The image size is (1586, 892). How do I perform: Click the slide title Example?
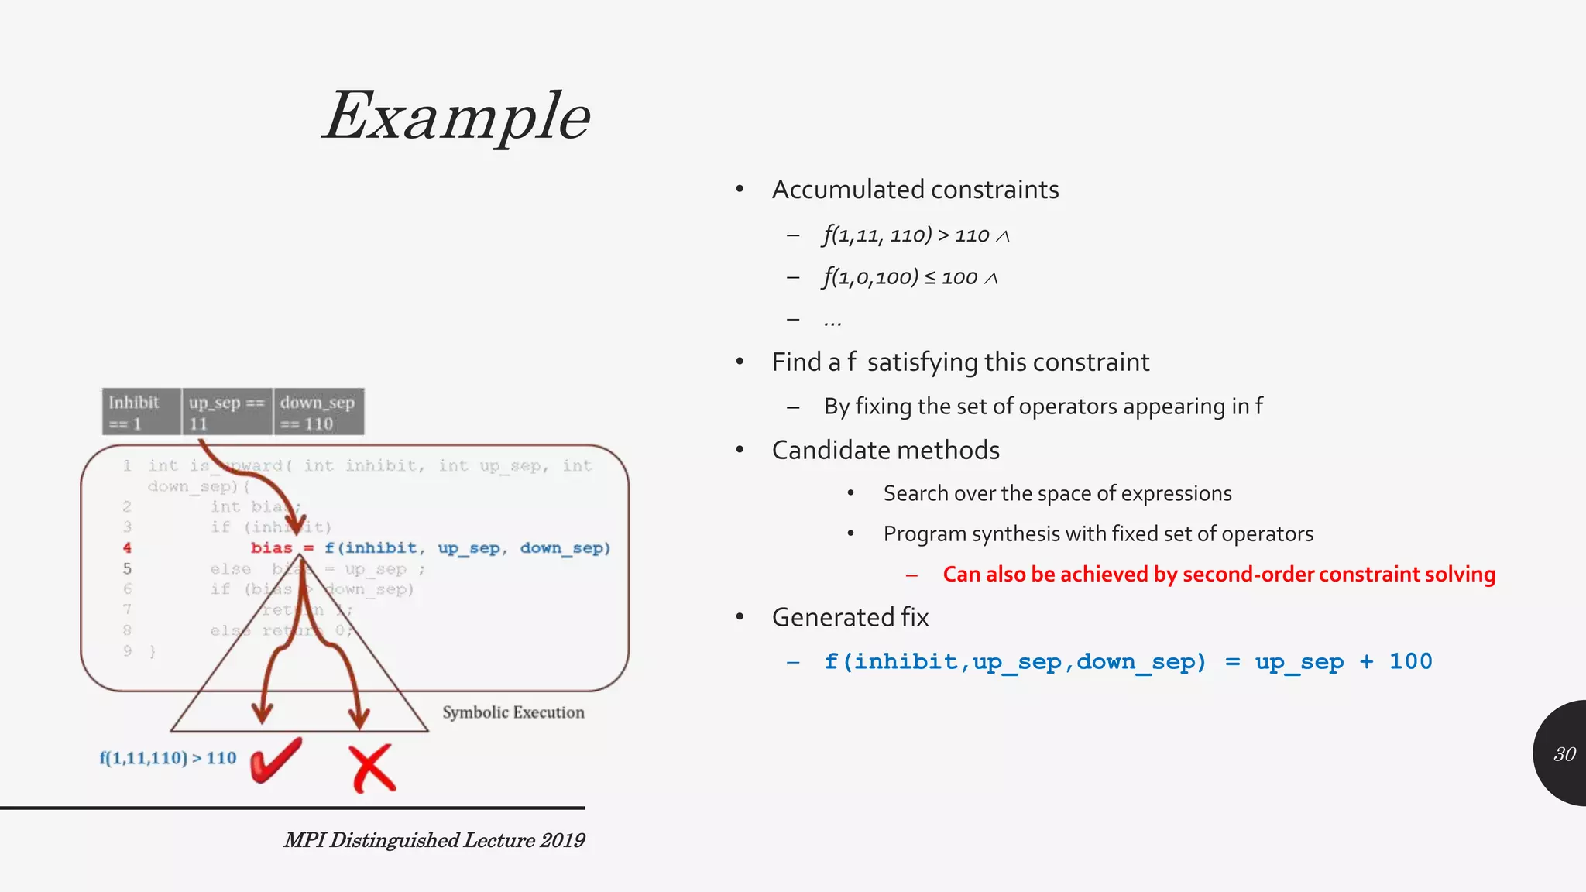457,116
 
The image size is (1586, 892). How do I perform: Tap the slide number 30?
1564,754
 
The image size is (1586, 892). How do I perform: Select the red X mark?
372,768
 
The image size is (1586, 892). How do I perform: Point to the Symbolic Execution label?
513,712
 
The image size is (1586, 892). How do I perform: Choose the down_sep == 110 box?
318,413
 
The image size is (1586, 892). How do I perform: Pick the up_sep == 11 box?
227,413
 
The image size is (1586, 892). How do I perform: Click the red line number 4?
127,548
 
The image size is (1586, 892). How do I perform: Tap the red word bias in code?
272,548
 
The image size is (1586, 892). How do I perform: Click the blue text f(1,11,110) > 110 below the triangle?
168,758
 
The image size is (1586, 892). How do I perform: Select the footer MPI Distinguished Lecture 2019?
434,840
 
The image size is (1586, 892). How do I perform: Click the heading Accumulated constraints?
915,190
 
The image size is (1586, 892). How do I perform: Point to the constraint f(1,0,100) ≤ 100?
910,277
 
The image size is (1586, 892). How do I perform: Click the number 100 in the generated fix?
1410,662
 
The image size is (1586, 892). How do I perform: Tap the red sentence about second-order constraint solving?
1219,575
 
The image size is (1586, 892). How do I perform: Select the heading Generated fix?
850,618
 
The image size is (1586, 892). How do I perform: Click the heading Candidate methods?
886,451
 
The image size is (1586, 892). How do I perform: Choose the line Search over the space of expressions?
1057,494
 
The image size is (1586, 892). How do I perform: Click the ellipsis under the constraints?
832,321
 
